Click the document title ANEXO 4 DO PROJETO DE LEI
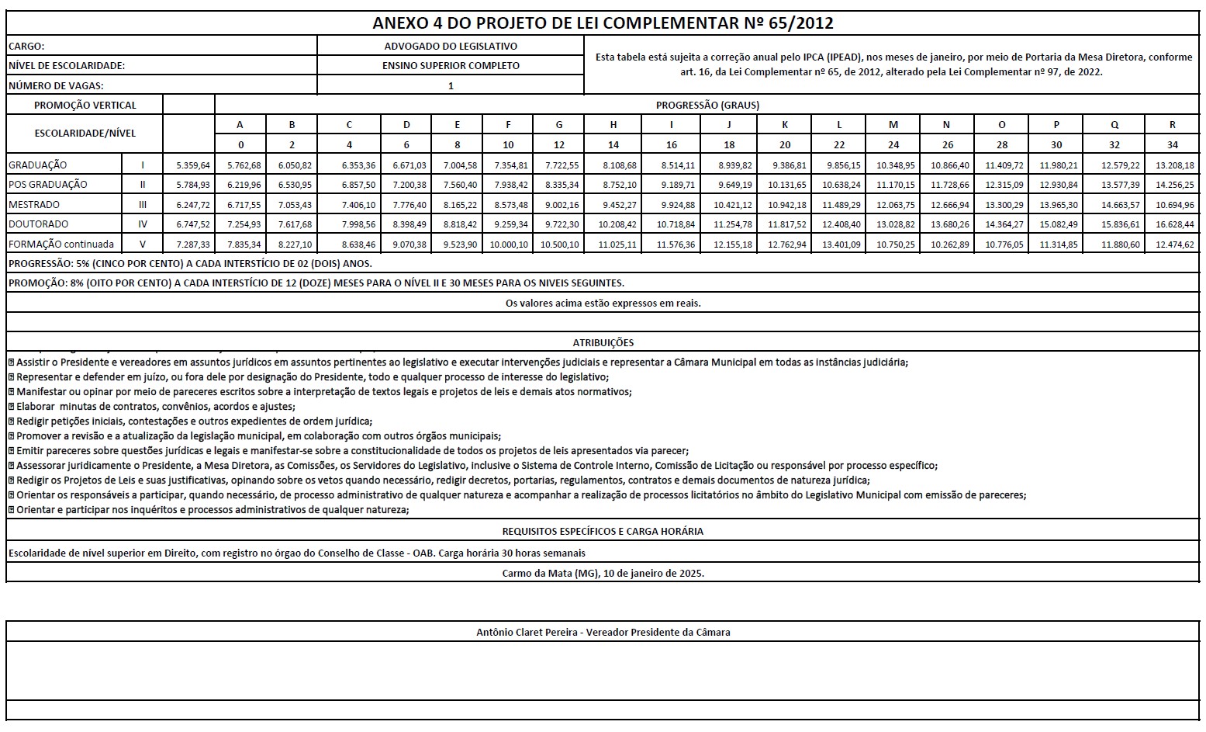(603, 23)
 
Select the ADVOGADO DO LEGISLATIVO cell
(451, 47)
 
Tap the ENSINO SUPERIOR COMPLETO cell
(451, 66)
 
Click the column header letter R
(1172, 125)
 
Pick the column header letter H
(613, 125)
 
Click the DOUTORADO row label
(38, 224)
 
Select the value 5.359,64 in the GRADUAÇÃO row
(193, 165)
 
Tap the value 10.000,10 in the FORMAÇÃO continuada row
(508, 245)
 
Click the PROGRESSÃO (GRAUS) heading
(707, 106)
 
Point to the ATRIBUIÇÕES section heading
(603, 342)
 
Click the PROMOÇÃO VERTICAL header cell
(85, 106)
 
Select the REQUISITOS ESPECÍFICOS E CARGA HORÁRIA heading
(603, 532)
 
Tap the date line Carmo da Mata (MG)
(603, 574)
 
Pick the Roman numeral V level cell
(143, 245)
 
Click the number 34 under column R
(1172, 145)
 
